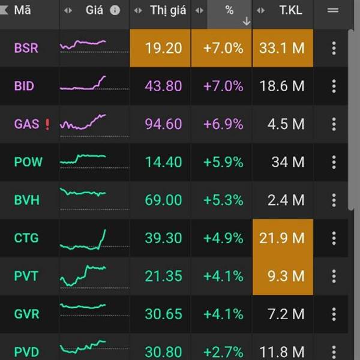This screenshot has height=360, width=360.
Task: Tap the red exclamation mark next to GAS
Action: (48, 124)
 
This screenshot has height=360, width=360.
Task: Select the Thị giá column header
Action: (167, 10)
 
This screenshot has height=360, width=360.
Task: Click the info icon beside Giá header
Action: (115, 10)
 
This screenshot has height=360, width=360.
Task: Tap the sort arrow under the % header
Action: (246, 21)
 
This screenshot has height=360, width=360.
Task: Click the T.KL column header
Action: (292, 10)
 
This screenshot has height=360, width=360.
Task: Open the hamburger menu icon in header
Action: (333, 10)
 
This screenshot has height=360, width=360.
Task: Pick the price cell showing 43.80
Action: (163, 86)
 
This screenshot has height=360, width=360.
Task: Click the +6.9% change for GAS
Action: (223, 124)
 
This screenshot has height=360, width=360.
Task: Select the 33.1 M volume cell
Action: (282, 48)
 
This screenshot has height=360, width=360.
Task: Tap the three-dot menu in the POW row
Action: (334, 162)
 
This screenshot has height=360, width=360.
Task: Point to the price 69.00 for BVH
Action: (163, 200)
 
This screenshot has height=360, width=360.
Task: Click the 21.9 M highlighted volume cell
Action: (282, 238)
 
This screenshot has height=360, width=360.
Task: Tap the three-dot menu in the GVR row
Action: (334, 314)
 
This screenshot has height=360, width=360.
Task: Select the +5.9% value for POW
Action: (223, 162)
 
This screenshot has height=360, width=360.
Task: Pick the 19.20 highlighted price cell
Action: (160, 48)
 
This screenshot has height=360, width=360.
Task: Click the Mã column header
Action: (23, 10)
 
